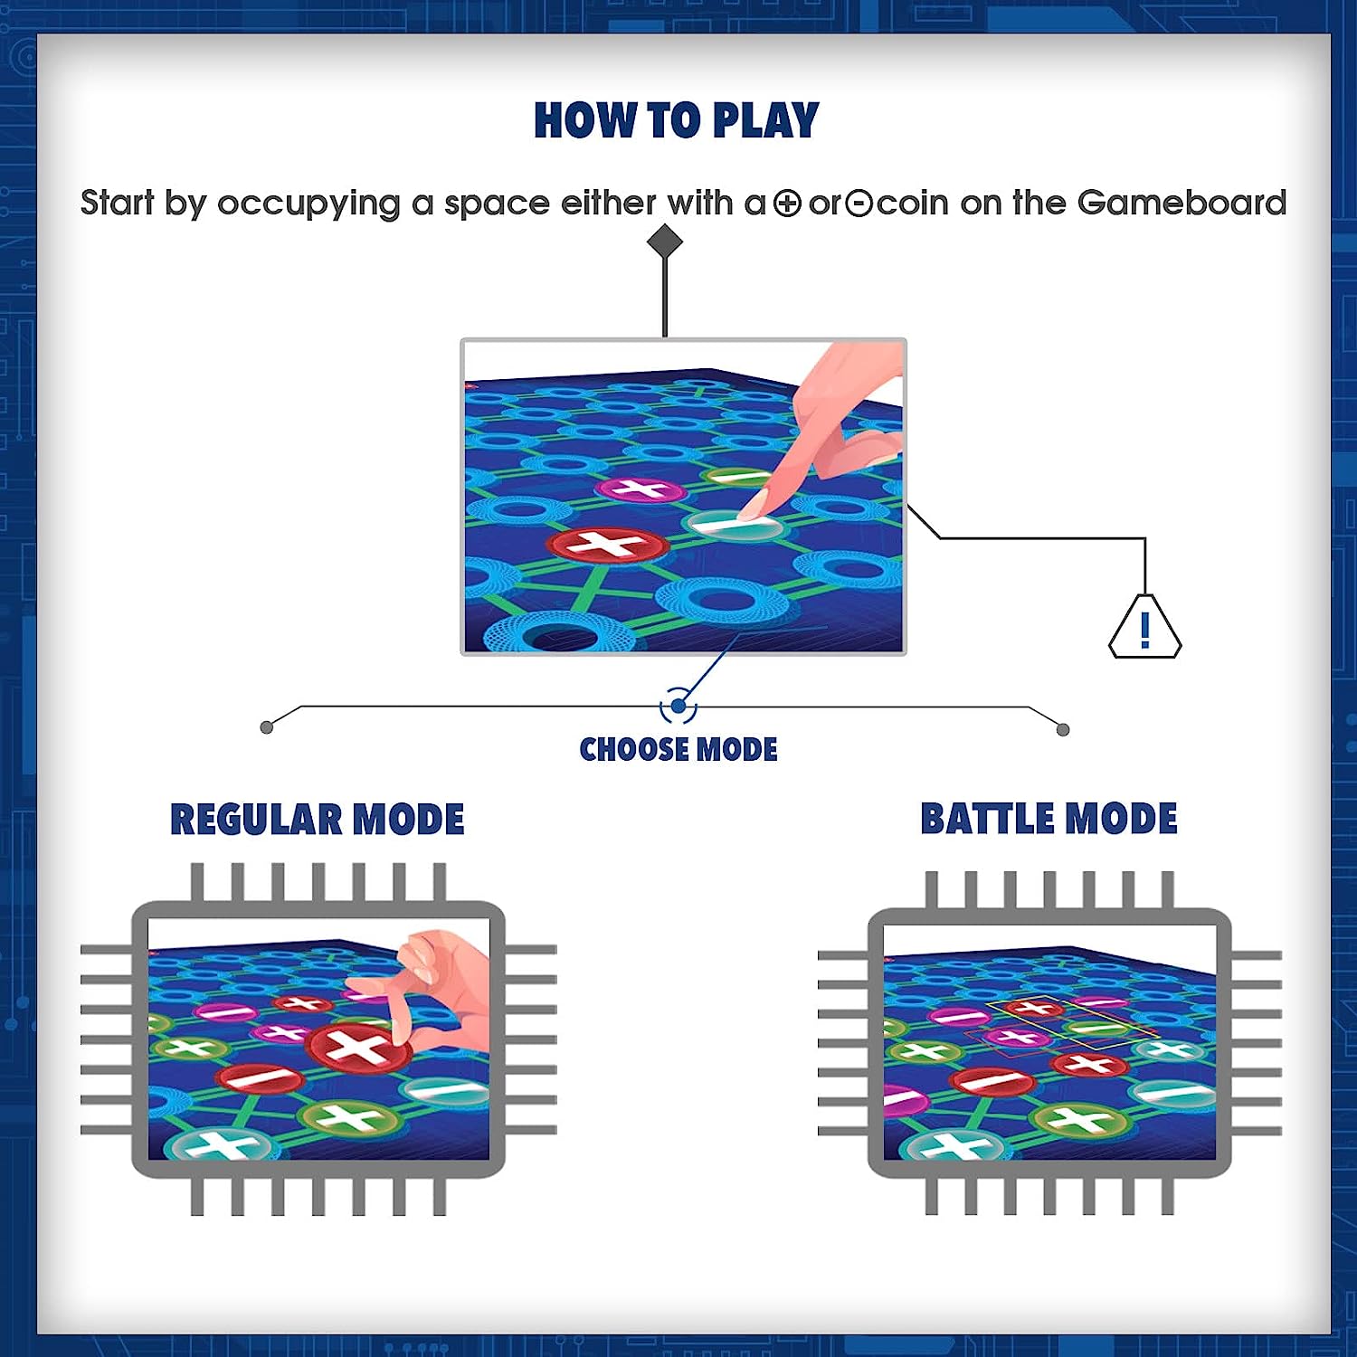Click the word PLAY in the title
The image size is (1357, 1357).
765,120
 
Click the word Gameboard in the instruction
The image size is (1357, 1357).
1181,203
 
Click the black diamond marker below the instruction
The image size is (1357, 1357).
665,242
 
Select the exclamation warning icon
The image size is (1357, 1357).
1145,626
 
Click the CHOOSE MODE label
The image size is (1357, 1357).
678,750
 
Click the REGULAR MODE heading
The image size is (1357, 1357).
318,820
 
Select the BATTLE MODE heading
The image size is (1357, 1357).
1049,819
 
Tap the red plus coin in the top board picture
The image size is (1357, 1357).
607,545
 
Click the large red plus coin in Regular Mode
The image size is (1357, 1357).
358,1047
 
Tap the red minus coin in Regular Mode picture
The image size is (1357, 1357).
260,1078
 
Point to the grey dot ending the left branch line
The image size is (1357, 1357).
266,727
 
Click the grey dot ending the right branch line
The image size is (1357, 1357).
1063,729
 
